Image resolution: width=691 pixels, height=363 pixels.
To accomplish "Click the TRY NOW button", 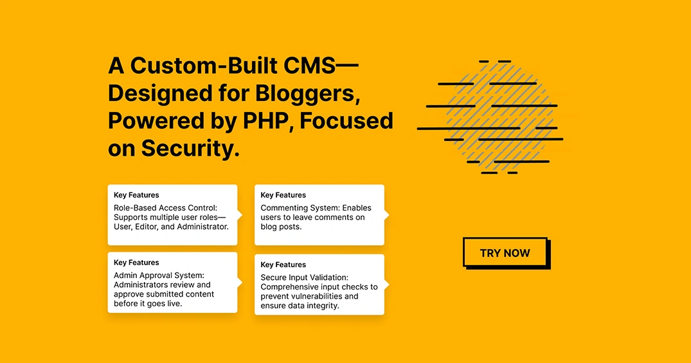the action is point(506,253).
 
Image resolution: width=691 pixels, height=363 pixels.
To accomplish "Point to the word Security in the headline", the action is point(190,149).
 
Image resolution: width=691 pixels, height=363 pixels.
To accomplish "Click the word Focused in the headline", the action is point(346,121).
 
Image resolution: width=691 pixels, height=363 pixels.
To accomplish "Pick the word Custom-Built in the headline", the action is point(204,66).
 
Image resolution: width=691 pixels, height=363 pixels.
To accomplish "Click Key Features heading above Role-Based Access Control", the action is point(136,195).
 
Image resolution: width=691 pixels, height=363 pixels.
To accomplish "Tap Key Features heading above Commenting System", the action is point(283,195).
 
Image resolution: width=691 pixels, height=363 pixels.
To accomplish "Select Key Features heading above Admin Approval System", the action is point(136,263).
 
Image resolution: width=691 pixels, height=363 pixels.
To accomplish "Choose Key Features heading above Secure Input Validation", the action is point(283,265).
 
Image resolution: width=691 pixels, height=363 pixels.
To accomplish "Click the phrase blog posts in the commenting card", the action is point(281,227).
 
